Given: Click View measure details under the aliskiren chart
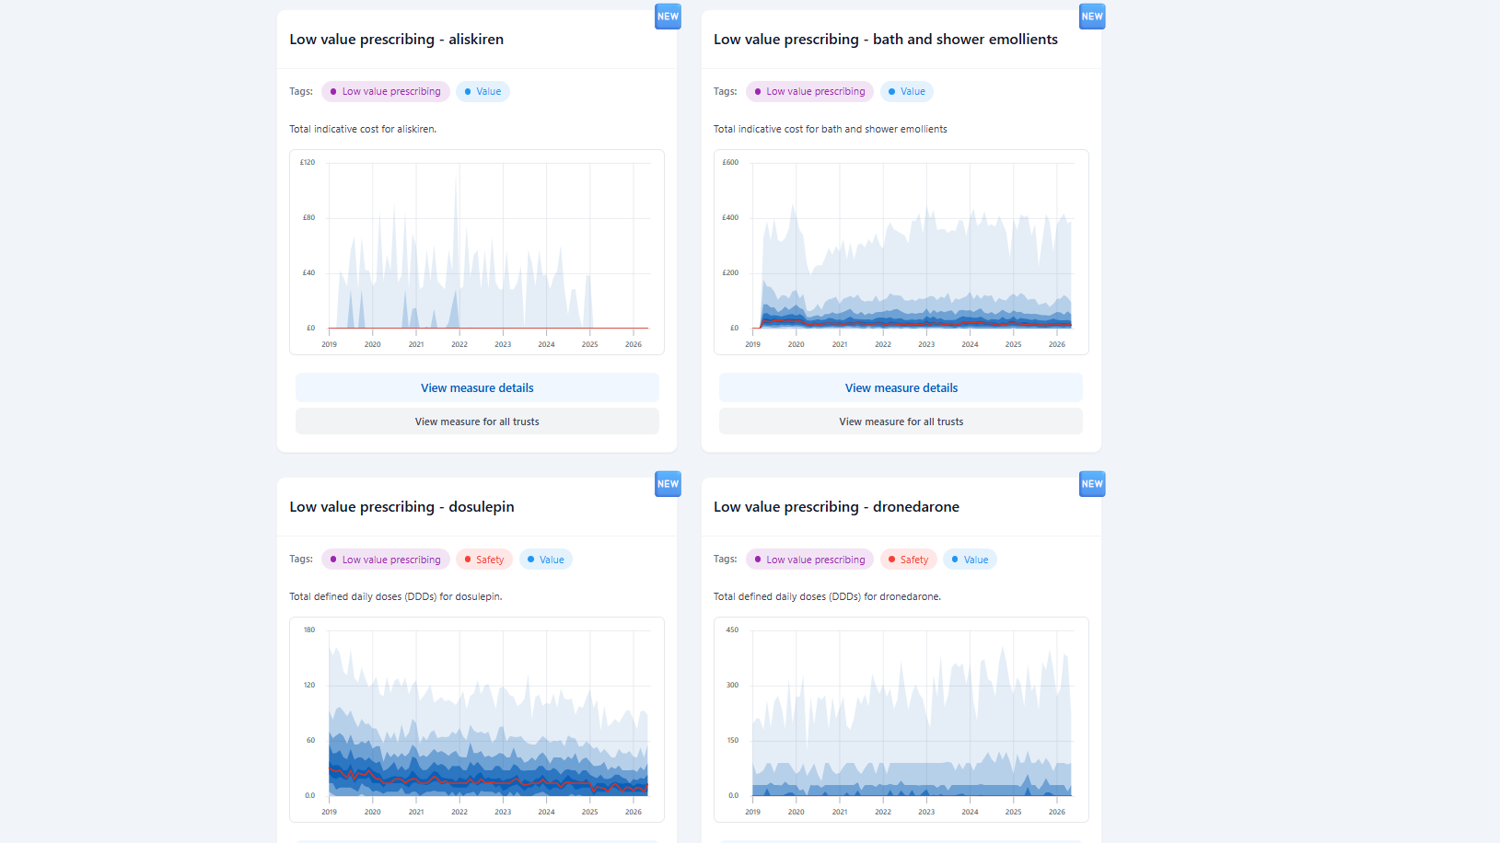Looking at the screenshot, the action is [x=477, y=388].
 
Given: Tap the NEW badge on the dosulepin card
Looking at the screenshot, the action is [x=668, y=484].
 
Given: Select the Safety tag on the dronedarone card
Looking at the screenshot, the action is [x=908, y=560].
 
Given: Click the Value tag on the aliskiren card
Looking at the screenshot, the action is [x=483, y=92].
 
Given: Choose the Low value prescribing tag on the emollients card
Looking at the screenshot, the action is [x=809, y=92].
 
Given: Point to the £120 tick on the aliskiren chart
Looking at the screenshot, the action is [x=308, y=163].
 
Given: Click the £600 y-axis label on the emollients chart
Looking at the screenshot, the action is [x=730, y=163].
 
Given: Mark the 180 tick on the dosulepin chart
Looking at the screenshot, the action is [x=309, y=630].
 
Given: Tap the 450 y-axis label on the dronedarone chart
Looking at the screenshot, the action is [x=733, y=630].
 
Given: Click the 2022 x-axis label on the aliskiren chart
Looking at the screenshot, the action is [x=459, y=344].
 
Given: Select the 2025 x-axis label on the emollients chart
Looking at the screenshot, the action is [x=1013, y=344].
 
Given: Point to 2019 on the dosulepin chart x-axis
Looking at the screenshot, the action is [x=329, y=813].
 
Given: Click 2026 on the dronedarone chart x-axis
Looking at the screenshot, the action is [x=1057, y=813].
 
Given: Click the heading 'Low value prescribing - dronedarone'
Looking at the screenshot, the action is [x=836, y=507].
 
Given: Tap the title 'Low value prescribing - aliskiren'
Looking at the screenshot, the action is [x=397, y=40].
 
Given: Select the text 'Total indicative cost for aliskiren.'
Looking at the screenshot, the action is [x=363, y=129].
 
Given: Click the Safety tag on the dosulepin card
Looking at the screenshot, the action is [x=484, y=560].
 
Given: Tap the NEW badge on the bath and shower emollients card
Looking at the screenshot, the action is [x=1092, y=16].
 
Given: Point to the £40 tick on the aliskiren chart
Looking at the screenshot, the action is [x=308, y=273].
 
